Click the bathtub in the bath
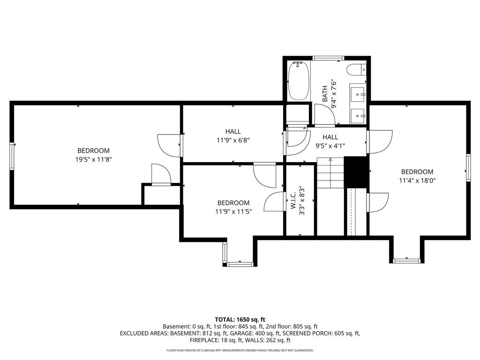[299, 81]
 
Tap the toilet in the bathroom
[356, 69]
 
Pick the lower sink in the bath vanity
[357, 116]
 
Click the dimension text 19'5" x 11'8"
[93, 159]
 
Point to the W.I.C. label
[293, 201]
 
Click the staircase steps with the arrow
[330, 172]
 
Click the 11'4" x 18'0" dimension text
[417, 180]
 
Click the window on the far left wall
[12, 156]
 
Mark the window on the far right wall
[468, 168]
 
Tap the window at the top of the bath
[328, 58]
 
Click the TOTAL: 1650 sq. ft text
[240, 320]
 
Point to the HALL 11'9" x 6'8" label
[233, 136]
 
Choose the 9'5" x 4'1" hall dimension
[330, 146]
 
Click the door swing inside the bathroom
[324, 114]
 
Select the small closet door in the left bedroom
[161, 174]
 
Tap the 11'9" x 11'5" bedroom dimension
[233, 211]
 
